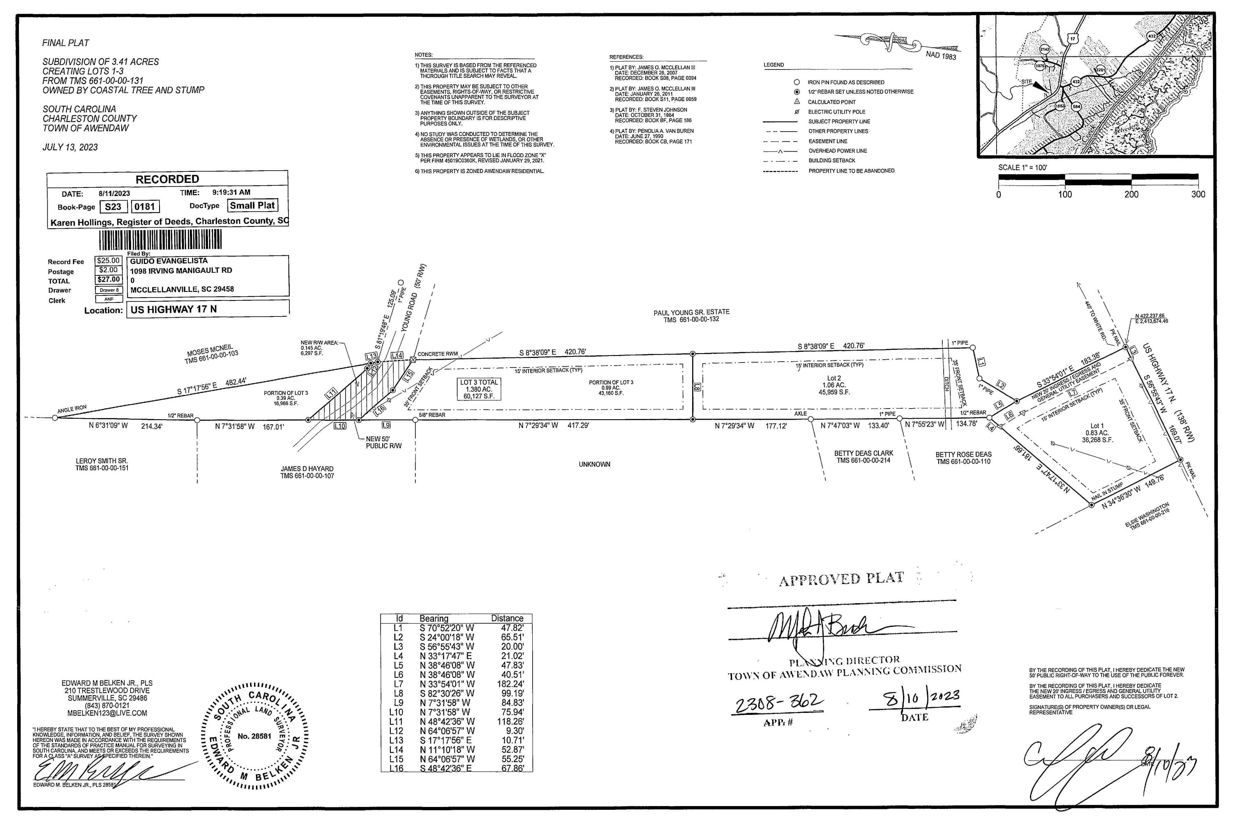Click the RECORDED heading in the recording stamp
[167, 179]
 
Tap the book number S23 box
[113, 207]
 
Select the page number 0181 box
[145, 207]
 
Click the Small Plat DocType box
[252, 206]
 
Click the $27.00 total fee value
[109, 280]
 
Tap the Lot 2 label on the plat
[834, 378]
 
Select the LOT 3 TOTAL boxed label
[479, 389]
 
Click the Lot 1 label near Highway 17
[1097, 426]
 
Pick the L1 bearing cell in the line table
[447, 628]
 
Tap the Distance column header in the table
[507, 618]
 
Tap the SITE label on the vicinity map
[1026, 82]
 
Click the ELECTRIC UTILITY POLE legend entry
[836, 111]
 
